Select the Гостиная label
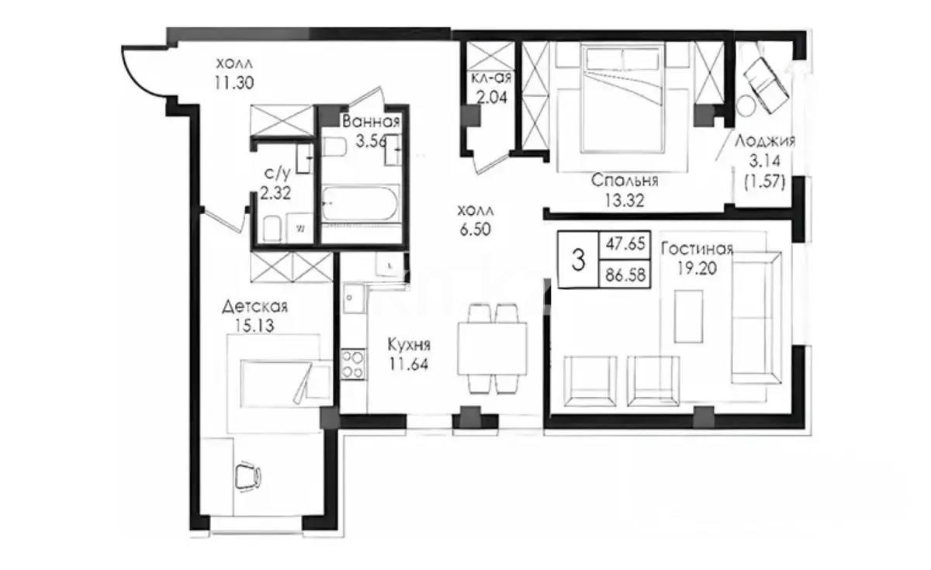697,249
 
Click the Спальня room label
625,181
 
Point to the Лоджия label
766,141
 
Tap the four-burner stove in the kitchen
352,365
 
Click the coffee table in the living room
688,316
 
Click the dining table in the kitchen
492,348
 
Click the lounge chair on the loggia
765,81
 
